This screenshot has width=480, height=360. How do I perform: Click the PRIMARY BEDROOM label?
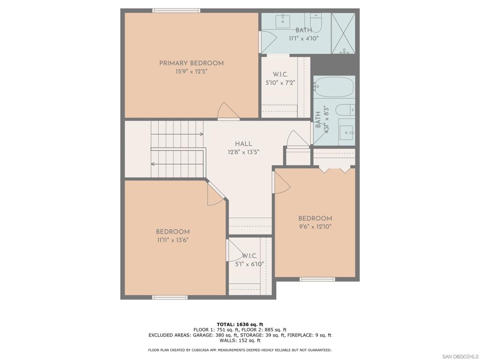(x=191, y=63)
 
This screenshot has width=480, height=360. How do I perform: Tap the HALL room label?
(x=244, y=144)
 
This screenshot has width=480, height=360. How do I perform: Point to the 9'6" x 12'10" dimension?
(x=315, y=226)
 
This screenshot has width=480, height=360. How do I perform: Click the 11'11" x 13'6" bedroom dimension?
(x=172, y=240)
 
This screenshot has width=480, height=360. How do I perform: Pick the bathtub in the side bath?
(x=334, y=87)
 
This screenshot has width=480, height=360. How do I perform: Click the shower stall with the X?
(x=344, y=33)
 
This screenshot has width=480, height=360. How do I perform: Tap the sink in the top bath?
(x=283, y=21)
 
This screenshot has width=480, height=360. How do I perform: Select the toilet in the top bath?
(x=316, y=22)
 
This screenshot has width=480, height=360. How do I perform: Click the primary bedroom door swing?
(x=228, y=111)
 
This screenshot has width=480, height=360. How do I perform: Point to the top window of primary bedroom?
(x=176, y=11)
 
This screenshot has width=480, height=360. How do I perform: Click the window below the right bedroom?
(x=317, y=279)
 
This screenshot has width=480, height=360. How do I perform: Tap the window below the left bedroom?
(x=170, y=297)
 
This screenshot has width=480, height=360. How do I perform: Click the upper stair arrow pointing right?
(x=177, y=134)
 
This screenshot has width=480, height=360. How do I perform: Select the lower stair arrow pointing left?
(x=177, y=164)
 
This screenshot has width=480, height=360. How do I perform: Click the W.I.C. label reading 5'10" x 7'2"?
(x=280, y=78)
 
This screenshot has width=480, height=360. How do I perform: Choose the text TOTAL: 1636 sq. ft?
(x=240, y=324)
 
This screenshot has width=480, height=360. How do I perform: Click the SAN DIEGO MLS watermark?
(x=460, y=357)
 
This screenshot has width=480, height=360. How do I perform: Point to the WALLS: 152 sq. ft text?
(x=240, y=340)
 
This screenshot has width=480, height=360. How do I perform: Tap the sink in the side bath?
(x=346, y=132)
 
